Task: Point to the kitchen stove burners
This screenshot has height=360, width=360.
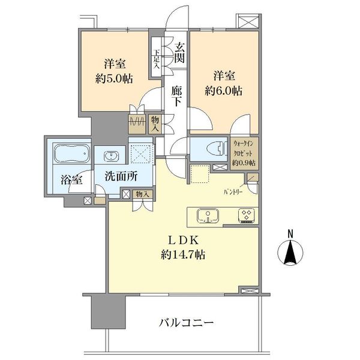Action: [x=246, y=215]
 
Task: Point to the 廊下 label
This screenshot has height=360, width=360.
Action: [x=176, y=95]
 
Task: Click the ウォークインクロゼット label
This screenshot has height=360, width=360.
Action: [x=244, y=148]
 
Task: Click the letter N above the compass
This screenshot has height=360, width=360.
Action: [x=290, y=233]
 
